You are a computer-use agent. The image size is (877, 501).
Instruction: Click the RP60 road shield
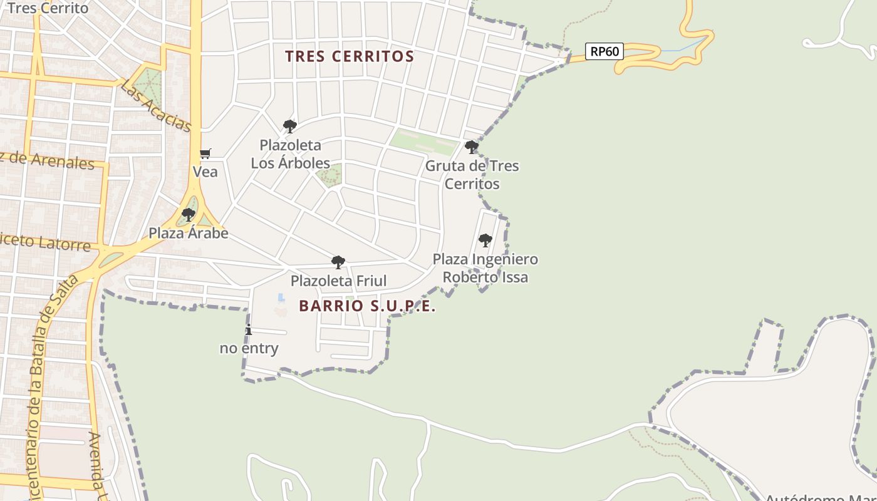click(x=604, y=51)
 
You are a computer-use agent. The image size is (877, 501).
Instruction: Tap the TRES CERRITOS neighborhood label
click(x=350, y=56)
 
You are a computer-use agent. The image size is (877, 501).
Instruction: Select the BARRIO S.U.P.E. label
click(x=367, y=306)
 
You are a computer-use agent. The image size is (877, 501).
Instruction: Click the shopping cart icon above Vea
click(x=205, y=153)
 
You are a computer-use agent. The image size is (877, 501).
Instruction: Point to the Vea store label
click(x=205, y=172)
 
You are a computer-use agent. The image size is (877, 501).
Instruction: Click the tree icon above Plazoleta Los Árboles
click(x=289, y=127)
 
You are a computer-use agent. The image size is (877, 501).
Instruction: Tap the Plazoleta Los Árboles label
click(x=291, y=154)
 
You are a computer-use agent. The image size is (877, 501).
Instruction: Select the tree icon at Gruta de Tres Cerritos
click(x=472, y=147)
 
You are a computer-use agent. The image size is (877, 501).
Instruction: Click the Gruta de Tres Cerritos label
click(x=472, y=175)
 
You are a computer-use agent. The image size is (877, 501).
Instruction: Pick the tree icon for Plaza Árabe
click(x=189, y=215)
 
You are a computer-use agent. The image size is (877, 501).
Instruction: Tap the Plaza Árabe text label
click(x=188, y=234)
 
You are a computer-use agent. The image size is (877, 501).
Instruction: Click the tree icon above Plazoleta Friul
click(x=338, y=262)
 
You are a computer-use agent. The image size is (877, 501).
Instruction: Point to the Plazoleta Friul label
click(x=338, y=281)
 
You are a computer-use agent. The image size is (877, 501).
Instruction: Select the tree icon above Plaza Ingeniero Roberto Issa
click(x=485, y=240)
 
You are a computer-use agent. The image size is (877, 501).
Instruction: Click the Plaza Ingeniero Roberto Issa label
click(x=485, y=268)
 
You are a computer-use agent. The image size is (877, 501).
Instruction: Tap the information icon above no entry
click(x=249, y=330)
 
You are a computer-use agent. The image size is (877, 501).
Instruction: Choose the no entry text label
click(x=249, y=348)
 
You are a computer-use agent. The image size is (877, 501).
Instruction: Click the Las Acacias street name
click(x=155, y=105)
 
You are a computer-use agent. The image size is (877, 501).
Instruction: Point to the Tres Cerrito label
click(x=48, y=8)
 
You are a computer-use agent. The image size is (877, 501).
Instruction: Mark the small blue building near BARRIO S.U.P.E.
click(x=281, y=297)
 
